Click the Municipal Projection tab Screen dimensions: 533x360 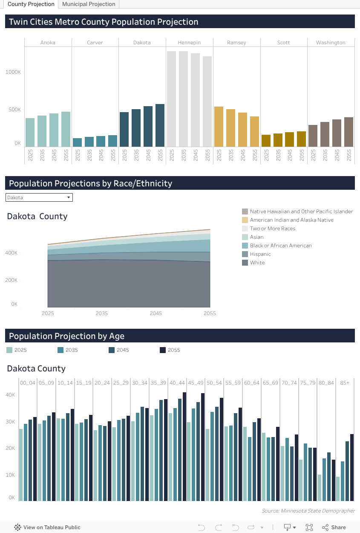click(x=89, y=4)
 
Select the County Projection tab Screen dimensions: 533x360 click(x=31, y=4)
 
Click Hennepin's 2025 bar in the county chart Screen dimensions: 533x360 click(x=172, y=99)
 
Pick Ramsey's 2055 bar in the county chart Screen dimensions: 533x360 click(x=254, y=132)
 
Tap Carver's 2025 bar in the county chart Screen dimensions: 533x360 click(x=78, y=142)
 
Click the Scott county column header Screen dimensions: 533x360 click(x=283, y=43)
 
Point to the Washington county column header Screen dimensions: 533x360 click(x=331, y=43)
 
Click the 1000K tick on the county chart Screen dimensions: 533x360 click(x=13, y=72)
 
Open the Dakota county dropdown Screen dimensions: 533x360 click(x=39, y=197)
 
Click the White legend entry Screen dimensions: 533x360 click(x=257, y=263)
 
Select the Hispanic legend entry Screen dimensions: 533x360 click(x=260, y=254)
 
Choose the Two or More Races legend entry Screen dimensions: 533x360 click(x=272, y=229)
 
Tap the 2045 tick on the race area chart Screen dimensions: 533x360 click(x=156, y=313)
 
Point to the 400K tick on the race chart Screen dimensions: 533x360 click(x=12, y=253)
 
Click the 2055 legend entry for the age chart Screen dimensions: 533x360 click(x=173, y=350)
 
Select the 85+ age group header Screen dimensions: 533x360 click(x=345, y=383)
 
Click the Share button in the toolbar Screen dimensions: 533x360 click(x=334, y=527)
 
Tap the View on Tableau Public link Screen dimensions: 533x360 click(x=47, y=527)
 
